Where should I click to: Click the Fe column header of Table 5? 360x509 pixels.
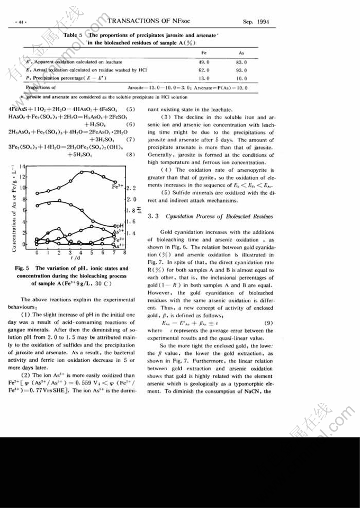(204, 53)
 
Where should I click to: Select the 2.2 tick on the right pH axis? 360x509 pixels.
(132, 188)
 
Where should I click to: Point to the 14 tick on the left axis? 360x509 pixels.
(23, 167)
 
